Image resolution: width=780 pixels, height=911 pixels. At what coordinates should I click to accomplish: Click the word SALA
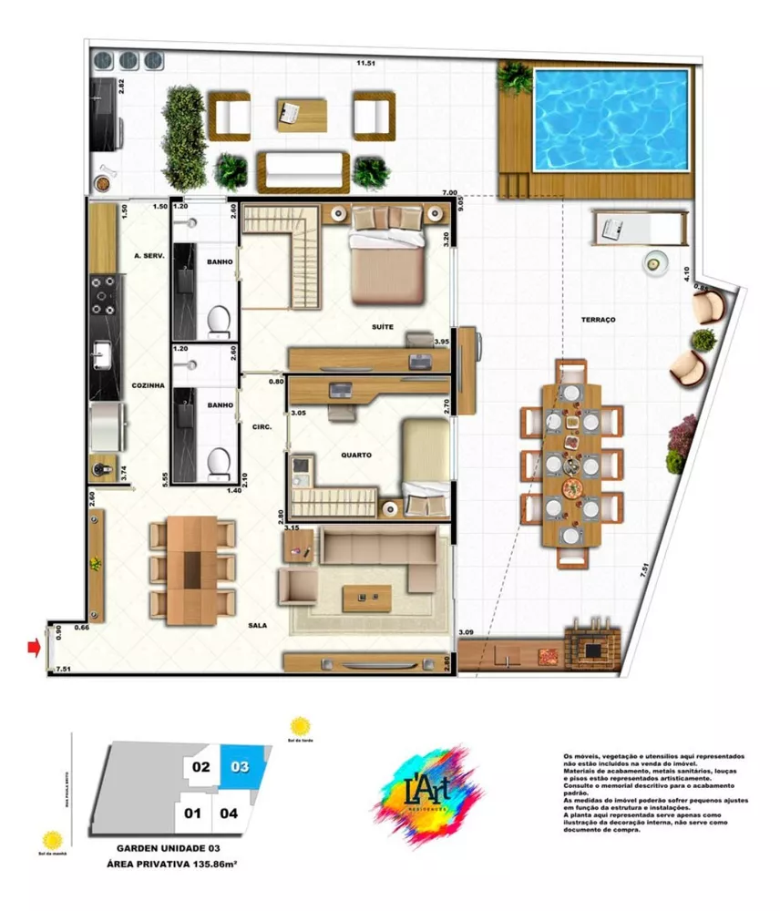[x=258, y=627]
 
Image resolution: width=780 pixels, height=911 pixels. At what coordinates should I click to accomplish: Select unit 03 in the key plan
[x=241, y=767]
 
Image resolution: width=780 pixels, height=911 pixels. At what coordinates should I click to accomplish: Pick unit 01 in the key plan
[x=192, y=812]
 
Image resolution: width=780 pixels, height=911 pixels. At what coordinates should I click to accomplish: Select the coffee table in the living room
[x=366, y=599]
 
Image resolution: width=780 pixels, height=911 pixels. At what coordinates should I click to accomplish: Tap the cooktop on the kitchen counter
[x=103, y=293]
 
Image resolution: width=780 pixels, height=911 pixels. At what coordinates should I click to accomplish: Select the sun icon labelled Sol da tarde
[x=300, y=726]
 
